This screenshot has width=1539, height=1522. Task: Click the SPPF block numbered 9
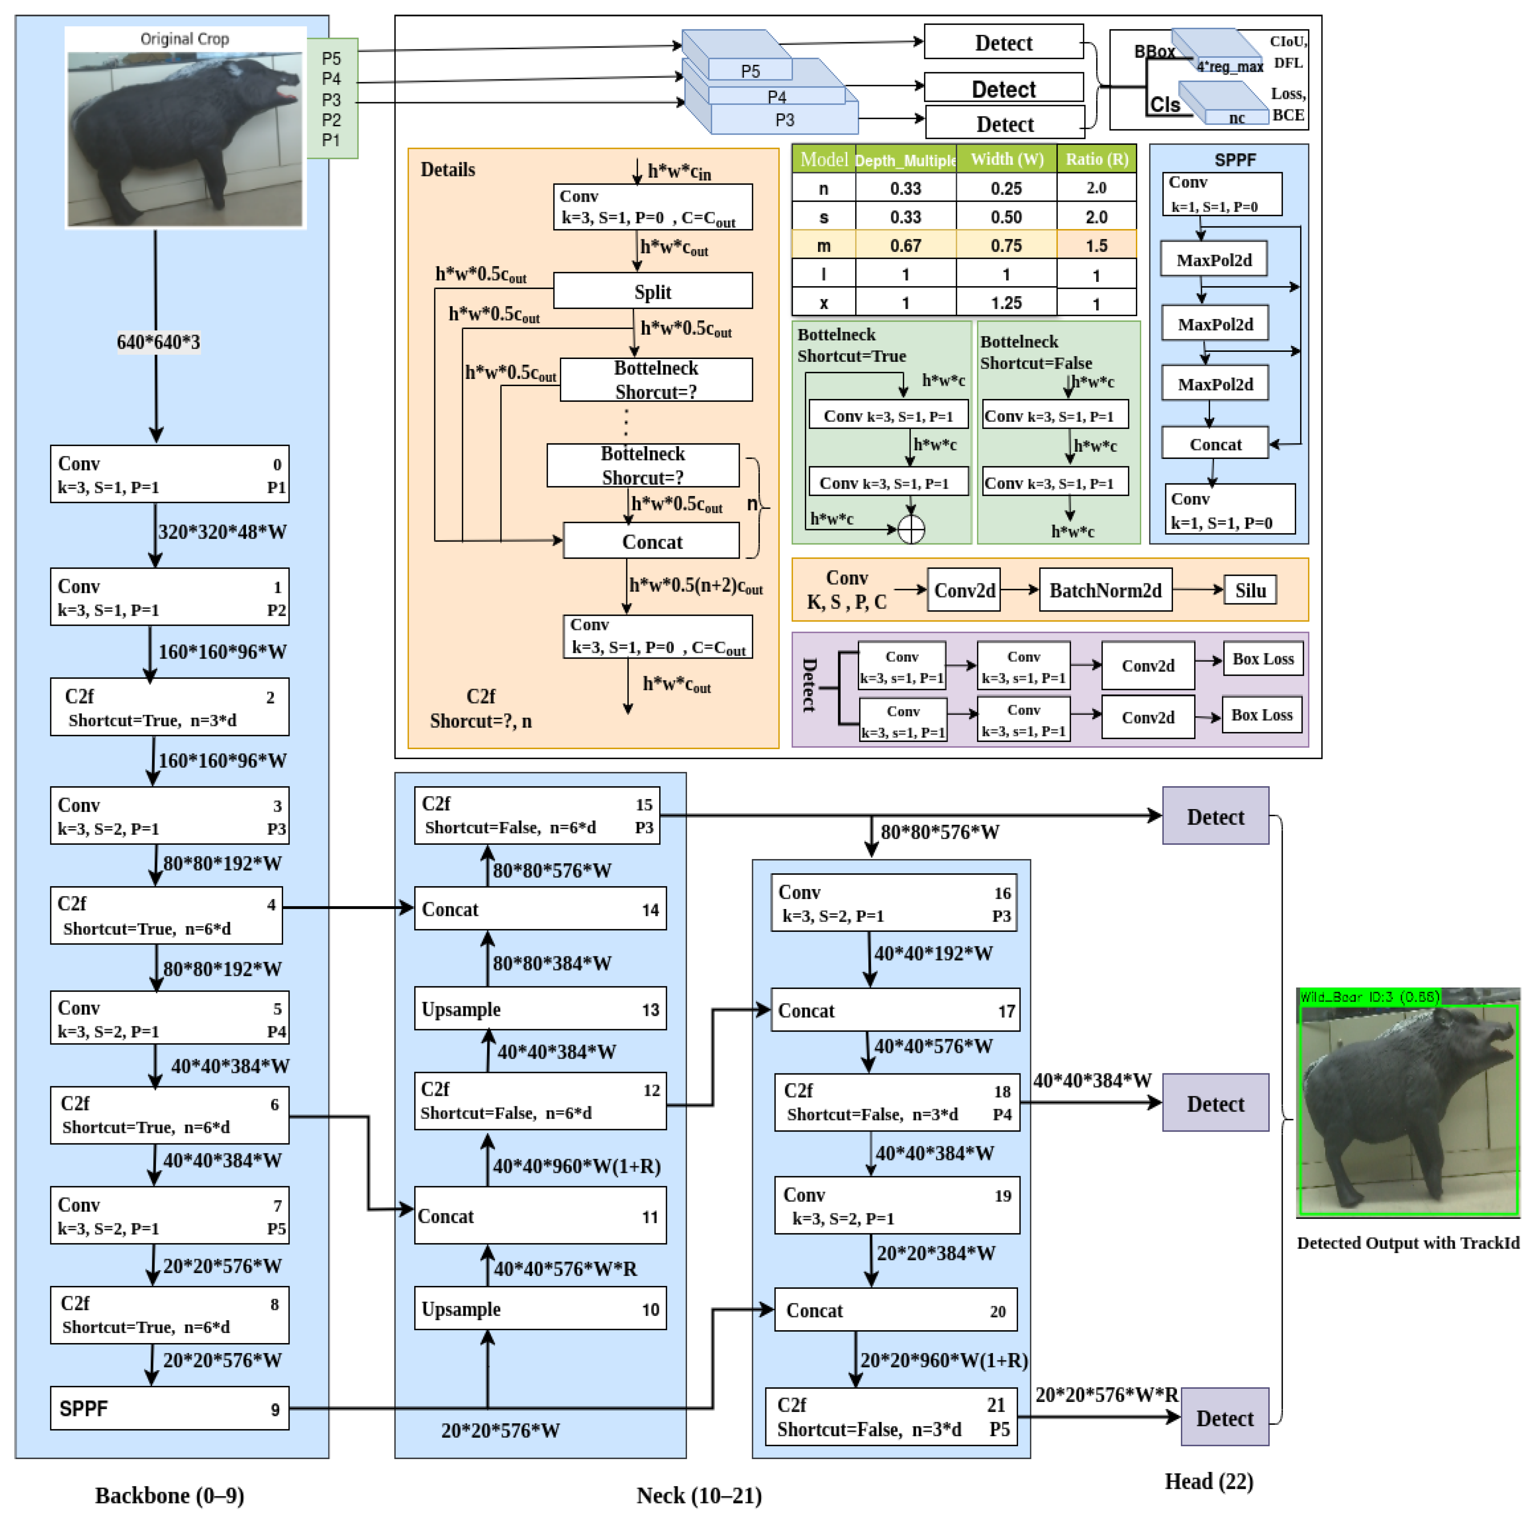(169, 1408)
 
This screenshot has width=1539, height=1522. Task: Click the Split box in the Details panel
(652, 291)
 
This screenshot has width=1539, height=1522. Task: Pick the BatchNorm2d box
(1105, 590)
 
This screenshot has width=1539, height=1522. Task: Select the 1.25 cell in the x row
(1006, 303)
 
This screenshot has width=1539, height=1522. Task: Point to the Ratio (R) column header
(1096, 159)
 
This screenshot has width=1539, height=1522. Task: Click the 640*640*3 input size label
(158, 342)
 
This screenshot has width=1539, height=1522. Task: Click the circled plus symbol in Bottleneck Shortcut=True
(911, 529)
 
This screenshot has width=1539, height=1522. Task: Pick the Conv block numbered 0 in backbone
(169, 474)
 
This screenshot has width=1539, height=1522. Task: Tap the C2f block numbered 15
(537, 814)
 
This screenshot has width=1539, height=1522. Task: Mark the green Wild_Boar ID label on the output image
(1369, 996)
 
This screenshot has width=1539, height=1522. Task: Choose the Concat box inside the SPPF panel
(1215, 444)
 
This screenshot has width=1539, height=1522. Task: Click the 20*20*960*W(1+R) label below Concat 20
(943, 1359)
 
